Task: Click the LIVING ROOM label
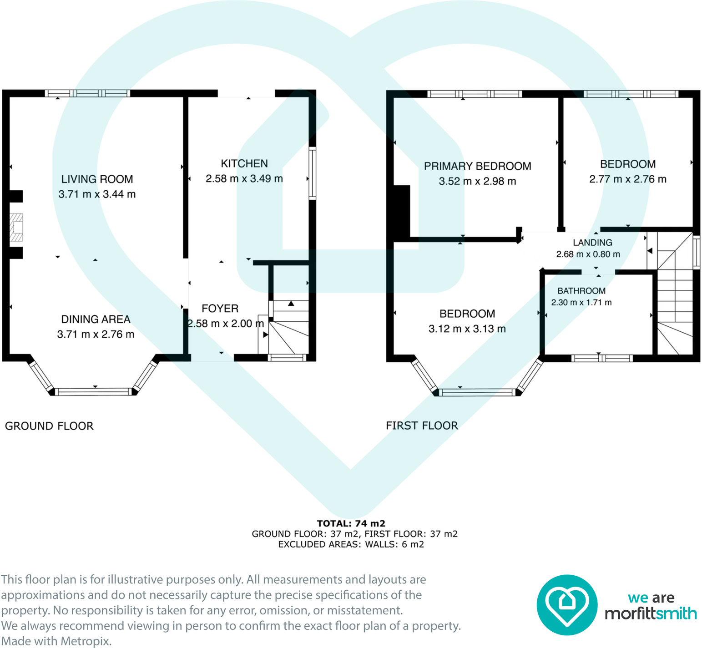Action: tap(97, 179)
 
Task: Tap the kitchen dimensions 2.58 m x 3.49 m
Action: tap(244, 179)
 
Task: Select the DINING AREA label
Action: tap(96, 319)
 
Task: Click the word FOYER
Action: tap(220, 309)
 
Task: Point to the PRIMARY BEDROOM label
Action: tap(478, 166)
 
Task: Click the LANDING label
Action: tap(592, 243)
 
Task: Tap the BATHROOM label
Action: tap(581, 291)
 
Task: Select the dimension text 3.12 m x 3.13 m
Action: tap(467, 329)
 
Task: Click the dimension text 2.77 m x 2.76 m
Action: tap(628, 179)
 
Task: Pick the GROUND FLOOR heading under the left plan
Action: tap(49, 426)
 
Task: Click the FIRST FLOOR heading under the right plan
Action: tap(422, 426)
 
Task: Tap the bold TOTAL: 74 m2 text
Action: tap(351, 523)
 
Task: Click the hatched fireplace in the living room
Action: tap(17, 227)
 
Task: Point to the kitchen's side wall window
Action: tap(312, 173)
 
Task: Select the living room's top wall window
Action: tap(87, 93)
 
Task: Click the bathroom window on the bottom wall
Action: tap(601, 358)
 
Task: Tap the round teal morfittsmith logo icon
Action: tap(567, 605)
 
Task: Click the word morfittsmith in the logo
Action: tap(651, 614)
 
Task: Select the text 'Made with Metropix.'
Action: tap(56, 641)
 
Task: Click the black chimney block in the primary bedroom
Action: tap(401, 211)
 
